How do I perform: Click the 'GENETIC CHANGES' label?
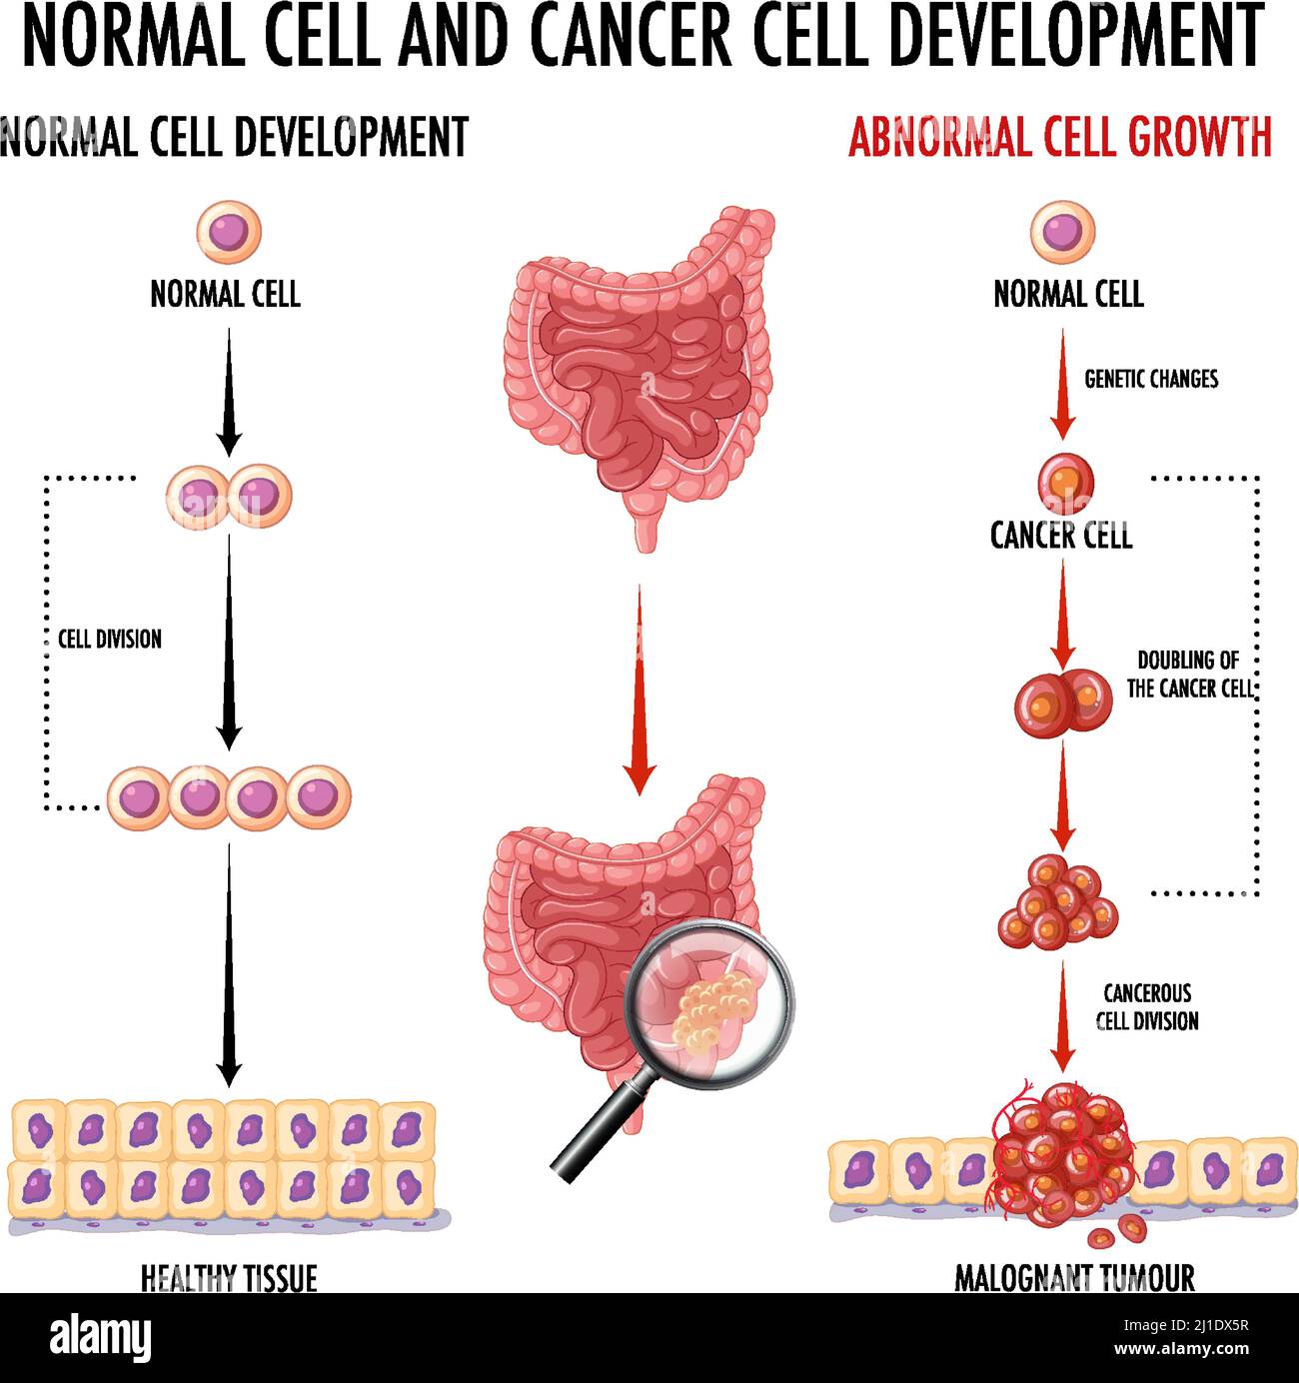click(x=1151, y=379)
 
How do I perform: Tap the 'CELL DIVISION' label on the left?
click(x=109, y=640)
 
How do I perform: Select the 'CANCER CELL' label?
click(x=1061, y=537)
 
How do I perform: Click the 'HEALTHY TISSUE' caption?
click(x=229, y=1277)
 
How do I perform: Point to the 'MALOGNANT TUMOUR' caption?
click(x=1074, y=1277)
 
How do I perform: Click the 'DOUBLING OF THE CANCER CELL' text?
click(x=1189, y=675)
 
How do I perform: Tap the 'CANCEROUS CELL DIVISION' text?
click(x=1147, y=1007)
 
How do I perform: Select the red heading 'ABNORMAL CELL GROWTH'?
click(x=1059, y=137)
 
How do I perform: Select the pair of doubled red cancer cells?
click(x=1063, y=700)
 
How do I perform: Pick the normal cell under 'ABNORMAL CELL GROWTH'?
click(x=1063, y=232)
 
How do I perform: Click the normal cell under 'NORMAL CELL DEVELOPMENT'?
click(x=229, y=231)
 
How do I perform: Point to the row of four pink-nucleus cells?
click(x=229, y=797)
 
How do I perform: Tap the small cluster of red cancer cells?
click(x=1057, y=902)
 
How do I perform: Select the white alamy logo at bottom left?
click(x=100, y=1337)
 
